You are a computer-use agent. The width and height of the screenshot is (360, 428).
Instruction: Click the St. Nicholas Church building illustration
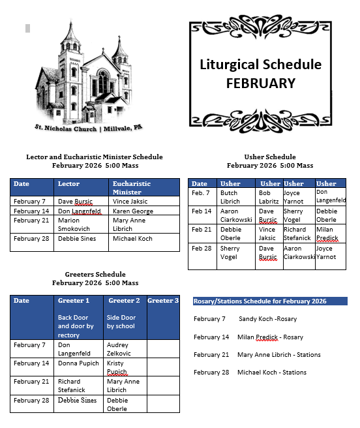tap(83, 73)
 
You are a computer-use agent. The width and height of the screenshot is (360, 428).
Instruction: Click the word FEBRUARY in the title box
tap(260, 84)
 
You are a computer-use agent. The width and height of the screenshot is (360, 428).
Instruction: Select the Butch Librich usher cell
tap(234, 197)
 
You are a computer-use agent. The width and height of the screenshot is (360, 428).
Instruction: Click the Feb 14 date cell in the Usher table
tap(202, 211)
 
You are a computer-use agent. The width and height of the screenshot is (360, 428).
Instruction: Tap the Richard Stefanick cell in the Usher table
tap(299, 234)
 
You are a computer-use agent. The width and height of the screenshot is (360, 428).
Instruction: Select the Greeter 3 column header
tap(163, 301)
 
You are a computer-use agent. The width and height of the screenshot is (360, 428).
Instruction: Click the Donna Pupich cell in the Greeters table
tap(78, 363)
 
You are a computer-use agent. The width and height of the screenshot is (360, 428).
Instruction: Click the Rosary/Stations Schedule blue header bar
tap(269, 301)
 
